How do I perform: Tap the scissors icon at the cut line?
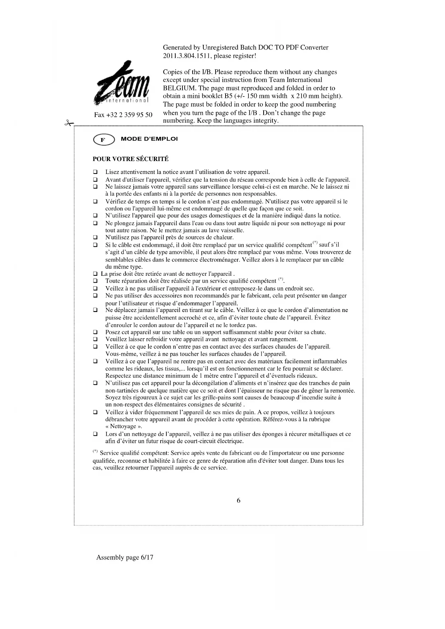(x=68, y=123)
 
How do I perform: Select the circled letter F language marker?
(x=103, y=140)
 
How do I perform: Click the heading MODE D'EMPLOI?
(x=149, y=139)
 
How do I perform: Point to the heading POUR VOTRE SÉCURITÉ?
(x=131, y=159)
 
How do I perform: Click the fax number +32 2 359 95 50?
(x=123, y=115)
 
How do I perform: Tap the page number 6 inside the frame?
(x=238, y=501)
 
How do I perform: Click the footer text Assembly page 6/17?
(x=124, y=557)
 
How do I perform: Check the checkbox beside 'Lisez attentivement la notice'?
(x=95, y=172)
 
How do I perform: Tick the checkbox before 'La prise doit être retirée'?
(x=95, y=274)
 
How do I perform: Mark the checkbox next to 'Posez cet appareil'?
(x=95, y=332)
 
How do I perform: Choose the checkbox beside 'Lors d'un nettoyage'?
(x=95, y=434)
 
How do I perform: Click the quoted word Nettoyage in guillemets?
(x=123, y=426)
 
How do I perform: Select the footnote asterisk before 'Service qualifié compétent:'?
(x=95, y=451)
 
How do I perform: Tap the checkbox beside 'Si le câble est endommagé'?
(x=95, y=245)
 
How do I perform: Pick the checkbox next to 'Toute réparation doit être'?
(x=95, y=281)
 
